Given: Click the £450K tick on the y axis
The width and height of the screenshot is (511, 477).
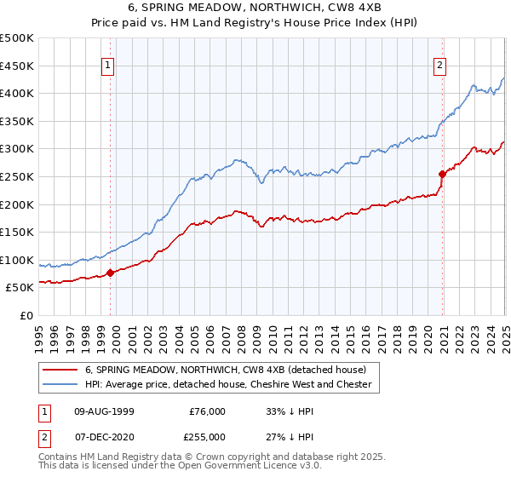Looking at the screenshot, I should tap(17, 66).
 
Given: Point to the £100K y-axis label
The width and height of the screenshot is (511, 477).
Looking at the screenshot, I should tap(17, 260).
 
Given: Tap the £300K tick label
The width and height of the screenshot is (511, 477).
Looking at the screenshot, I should tap(17, 148).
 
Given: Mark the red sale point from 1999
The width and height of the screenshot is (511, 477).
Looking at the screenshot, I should tap(111, 273).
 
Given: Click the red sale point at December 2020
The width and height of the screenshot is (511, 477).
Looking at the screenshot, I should tap(442, 174).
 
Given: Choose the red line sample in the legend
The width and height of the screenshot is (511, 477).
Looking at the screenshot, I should tap(59, 370).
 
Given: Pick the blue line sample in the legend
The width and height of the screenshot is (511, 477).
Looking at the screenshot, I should tap(59, 384).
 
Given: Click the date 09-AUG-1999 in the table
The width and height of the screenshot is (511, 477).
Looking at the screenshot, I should tap(104, 411).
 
